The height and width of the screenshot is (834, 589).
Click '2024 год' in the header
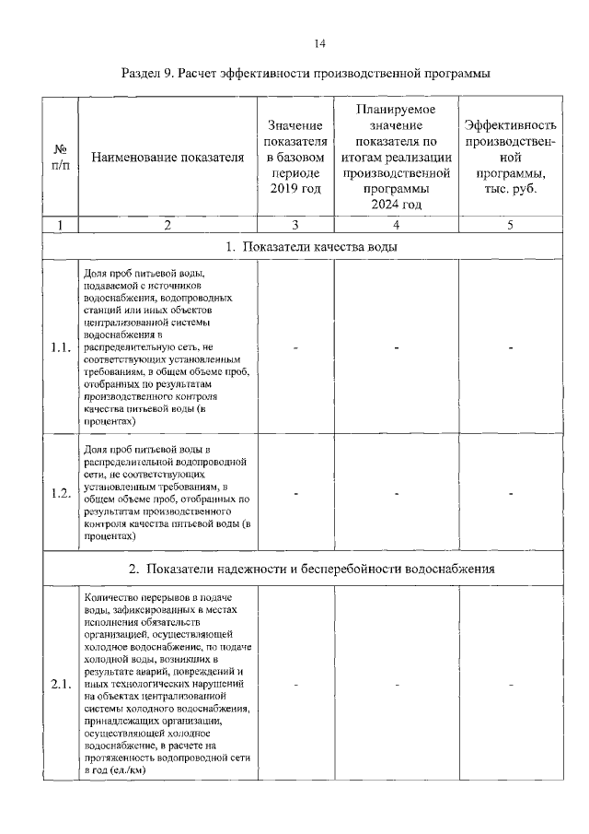point(396,204)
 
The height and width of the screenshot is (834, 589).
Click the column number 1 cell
point(60,224)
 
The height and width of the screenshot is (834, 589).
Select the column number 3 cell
point(296,224)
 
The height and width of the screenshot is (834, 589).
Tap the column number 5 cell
point(510,224)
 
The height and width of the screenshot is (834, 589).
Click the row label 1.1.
point(61,347)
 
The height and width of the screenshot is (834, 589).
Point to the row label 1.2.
point(61,492)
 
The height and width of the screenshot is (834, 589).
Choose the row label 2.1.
point(61,684)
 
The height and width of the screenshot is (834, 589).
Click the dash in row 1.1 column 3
point(296,347)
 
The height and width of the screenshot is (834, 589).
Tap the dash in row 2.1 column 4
point(396,685)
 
